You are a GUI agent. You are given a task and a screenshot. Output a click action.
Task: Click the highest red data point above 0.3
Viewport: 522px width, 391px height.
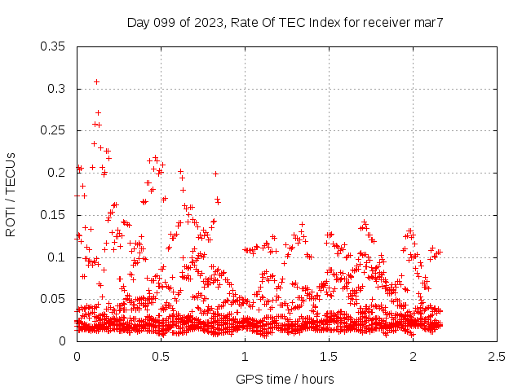96,81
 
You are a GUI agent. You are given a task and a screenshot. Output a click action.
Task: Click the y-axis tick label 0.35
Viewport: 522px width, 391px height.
54,46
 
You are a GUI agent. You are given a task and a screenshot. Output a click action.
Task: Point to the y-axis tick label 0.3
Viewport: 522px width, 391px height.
57,88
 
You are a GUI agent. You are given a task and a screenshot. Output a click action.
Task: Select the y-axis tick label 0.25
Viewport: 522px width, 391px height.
54,130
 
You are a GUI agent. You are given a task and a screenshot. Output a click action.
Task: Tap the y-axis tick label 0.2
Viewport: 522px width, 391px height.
57,173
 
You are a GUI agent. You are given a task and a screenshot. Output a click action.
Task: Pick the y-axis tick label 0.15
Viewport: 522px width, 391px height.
54,215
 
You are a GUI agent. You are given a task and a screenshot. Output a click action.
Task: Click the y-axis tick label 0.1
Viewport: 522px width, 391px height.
57,257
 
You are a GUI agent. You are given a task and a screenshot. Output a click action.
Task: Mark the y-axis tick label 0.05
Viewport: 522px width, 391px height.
54,299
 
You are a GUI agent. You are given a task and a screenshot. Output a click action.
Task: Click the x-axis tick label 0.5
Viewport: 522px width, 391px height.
161,356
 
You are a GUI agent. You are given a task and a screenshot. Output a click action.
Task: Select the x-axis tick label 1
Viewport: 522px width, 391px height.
245,356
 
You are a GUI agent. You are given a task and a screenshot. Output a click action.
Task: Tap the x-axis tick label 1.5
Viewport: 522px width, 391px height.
329,356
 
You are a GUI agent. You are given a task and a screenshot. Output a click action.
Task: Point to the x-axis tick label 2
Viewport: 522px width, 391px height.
413,356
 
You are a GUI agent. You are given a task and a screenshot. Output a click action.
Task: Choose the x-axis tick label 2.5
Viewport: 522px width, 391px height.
497,356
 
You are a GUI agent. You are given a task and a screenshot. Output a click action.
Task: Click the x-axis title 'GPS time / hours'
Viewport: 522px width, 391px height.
285,379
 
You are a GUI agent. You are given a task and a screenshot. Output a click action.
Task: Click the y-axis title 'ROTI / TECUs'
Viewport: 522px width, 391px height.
11,194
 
